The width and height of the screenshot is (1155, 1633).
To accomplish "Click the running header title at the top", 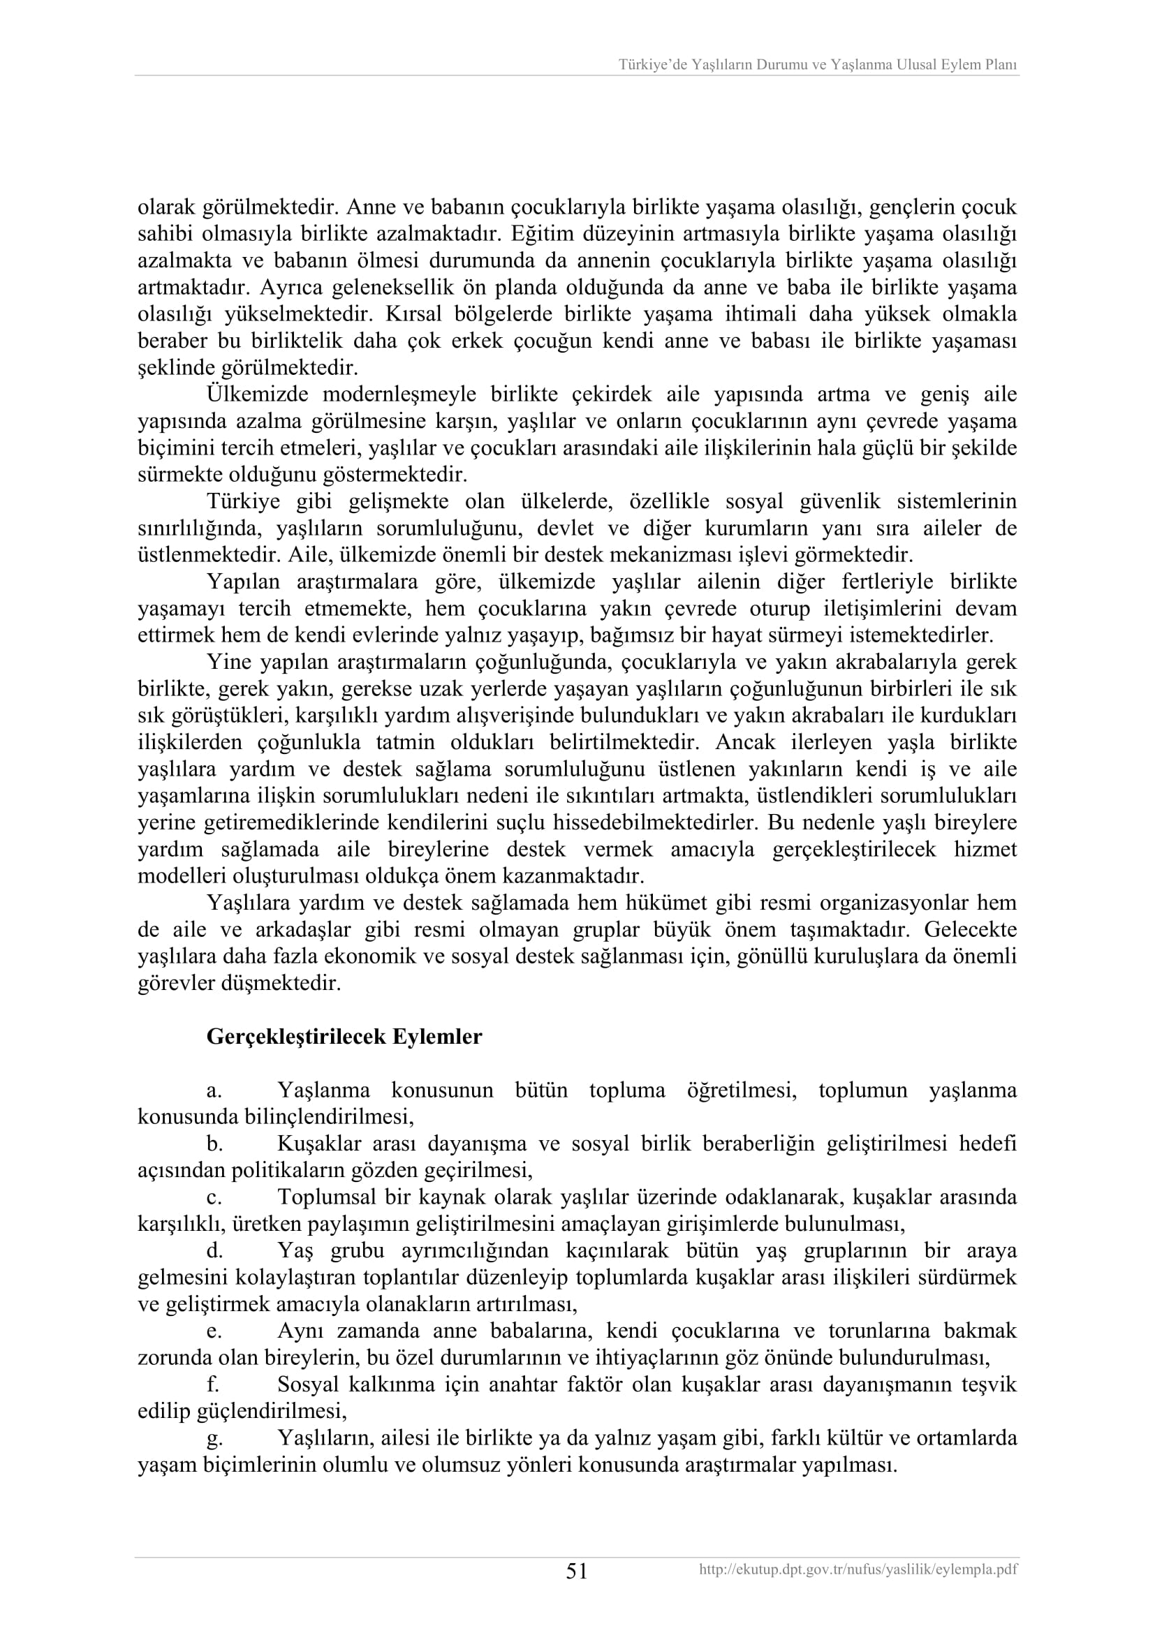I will (817, 65).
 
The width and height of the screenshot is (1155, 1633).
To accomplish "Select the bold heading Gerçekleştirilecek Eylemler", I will (344, 1036).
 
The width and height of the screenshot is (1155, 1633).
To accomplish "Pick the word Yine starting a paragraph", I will (229, 662).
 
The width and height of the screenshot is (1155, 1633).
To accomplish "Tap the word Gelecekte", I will (971, 929).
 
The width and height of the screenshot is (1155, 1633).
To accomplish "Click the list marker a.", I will (213, 1091).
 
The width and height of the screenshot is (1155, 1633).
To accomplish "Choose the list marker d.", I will (214, 1251).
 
